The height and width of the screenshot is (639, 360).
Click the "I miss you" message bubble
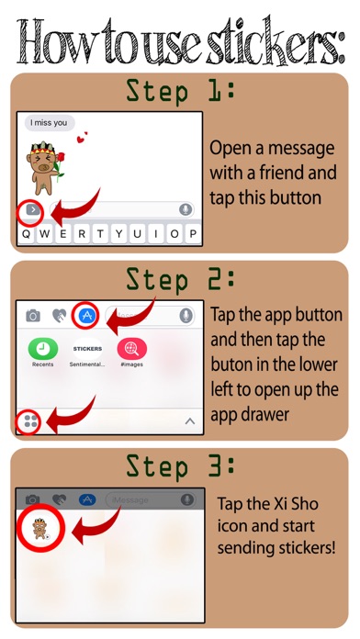pyautogui.click(x=50, y=123)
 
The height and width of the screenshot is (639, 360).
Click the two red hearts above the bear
pyautogui.click(x=82, y=138)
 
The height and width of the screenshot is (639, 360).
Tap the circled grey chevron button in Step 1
pyautogui.click(x=33, y=210)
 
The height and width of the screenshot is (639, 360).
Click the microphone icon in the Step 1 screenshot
pyautogui.click(x=186, y=210)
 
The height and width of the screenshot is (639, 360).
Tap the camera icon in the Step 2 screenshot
pyautogui.click(x=33, y=315)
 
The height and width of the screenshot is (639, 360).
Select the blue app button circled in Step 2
pyautogui.click(x=87, y=315)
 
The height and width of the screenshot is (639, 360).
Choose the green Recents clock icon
pyautogui.click(x=43, y=349)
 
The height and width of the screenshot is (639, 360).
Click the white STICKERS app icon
pyautogui.click(x=87, y=349)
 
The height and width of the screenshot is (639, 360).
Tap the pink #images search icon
pyautogui.click(x=132, y=349)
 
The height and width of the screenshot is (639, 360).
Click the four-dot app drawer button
pyautogui.click(x=30, y=421)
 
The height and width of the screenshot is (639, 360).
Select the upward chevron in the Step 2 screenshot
pyautogui.click(x=190, y=421)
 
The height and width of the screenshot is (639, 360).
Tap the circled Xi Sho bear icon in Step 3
pyautogui.click(x=40, y=529)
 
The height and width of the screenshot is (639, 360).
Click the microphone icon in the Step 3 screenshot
pyautogui.click(x=187, y=499)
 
